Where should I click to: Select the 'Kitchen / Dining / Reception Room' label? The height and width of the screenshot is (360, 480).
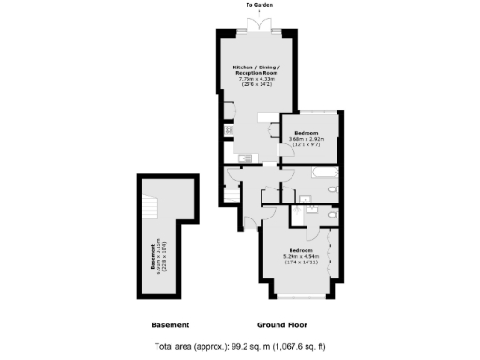pyautogui.click(x=257, y=70)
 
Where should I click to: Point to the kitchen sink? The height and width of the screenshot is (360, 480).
pyautogui.click(x=241, y=157)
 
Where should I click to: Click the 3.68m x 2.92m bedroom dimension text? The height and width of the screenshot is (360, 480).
pyautogui.click(x=307, y=140)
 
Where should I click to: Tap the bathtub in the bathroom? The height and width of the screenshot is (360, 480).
pyautogui.click(x=322, y=175)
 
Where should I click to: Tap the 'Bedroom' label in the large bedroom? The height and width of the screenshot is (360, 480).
pyautogui.click(x=301, y=250)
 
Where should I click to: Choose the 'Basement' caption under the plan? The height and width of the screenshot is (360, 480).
pyautogui.click(x=171, y=325)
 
